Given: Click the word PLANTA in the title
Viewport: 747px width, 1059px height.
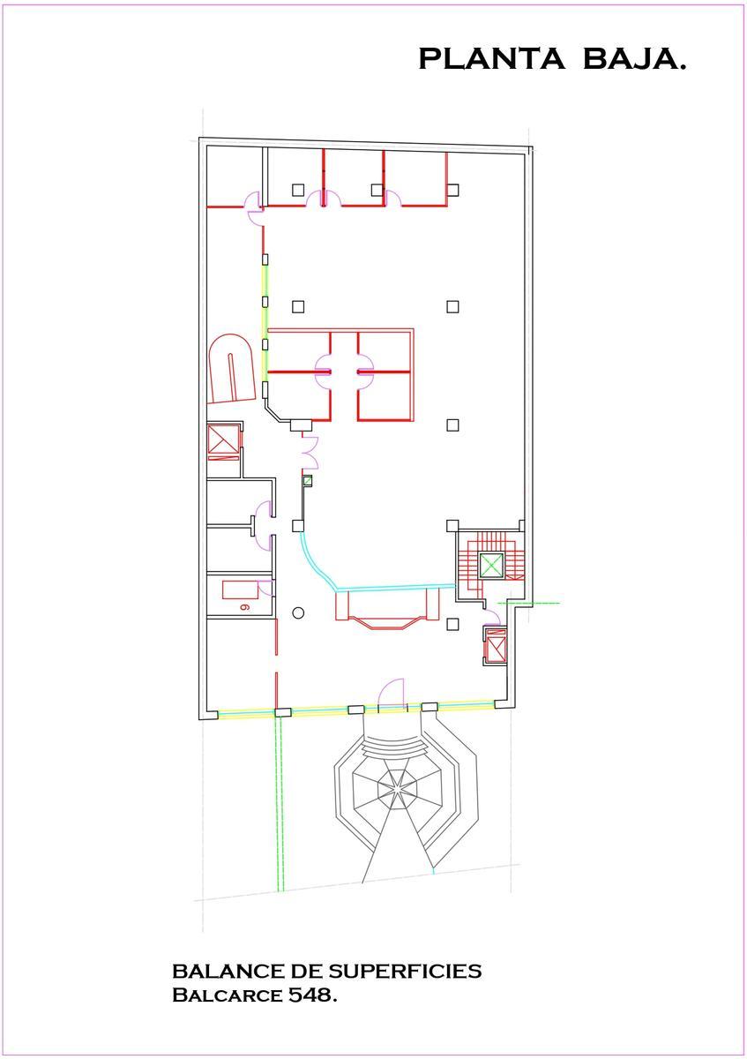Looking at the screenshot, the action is point(491,58).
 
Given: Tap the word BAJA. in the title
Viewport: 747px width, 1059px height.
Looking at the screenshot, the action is point(633,58).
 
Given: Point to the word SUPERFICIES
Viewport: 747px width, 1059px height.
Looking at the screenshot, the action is point(405,972).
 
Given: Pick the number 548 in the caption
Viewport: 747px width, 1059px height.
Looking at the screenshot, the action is point(312,995).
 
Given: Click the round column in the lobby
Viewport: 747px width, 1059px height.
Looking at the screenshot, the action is point(298,613).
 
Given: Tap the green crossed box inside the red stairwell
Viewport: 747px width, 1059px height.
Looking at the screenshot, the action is point(491,565).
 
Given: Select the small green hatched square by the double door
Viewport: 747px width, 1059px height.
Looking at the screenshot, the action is point(308,481).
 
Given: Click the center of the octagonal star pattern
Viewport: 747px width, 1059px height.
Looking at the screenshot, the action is point(398,788).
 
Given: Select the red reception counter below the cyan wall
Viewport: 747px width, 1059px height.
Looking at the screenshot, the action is point(386,610).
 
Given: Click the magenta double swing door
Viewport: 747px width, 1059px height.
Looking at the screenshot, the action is point(310,453).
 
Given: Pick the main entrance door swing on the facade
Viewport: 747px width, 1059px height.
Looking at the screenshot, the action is point(392,694).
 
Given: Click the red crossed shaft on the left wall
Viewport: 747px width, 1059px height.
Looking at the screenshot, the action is point(223,443).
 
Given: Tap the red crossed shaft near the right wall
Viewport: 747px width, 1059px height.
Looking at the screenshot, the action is point(495,645).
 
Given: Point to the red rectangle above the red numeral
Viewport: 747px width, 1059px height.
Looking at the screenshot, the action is point(241,590).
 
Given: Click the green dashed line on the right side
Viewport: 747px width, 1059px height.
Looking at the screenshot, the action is point(529,604).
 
